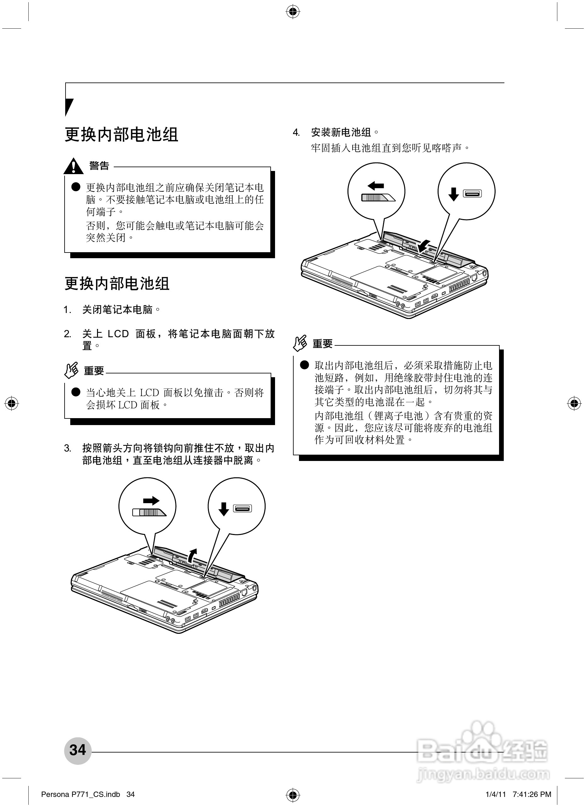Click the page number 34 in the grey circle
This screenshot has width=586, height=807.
(x=78, y=750)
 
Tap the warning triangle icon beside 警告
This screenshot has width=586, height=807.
(x=73, y=166)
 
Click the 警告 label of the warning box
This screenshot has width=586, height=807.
(x=99, y=165)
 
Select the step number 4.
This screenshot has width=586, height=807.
(x=296, y=133)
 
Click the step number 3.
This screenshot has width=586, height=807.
(x=68, y=448)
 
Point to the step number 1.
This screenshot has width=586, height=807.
(x=68, y=310)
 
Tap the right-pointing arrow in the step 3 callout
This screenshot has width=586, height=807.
(x=151, y=501)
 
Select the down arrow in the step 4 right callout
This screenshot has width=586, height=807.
(x=453, y=194)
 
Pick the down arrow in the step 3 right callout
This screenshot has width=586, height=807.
(x=223, y=509)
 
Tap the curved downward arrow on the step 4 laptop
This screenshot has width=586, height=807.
(x=424, y=245)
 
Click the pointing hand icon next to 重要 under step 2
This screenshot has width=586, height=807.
(x=71, y=370)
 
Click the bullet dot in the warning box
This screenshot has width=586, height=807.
(x=76, y=187)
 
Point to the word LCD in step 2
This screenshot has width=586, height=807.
(x=118, y=334)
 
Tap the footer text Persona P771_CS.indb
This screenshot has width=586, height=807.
(x=80, y=794)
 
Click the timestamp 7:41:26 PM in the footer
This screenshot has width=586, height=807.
(x=532, y=794)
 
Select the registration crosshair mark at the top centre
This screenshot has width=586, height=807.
(x=293, y=12)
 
